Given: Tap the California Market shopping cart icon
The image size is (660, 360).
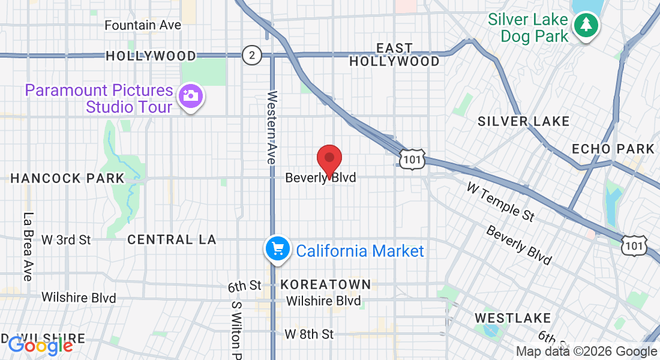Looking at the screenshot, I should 278,248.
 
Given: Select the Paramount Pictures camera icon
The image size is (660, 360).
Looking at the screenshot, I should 191,96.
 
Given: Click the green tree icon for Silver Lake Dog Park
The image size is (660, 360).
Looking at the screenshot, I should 585,26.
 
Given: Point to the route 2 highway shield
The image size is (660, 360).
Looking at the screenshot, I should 252,56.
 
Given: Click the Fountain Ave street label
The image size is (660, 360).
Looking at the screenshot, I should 143,25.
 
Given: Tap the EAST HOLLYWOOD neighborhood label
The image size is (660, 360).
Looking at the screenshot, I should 394,55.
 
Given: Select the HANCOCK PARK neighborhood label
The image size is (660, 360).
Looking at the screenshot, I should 67,178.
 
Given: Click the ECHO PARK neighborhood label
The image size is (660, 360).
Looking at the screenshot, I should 613,149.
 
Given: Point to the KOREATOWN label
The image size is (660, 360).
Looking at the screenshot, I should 326,284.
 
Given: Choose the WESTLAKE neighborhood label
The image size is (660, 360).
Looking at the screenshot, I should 512,317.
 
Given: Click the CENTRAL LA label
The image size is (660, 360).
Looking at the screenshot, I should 172,240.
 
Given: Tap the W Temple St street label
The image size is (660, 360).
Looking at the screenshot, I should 500,202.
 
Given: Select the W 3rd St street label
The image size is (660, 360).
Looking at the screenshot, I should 66,240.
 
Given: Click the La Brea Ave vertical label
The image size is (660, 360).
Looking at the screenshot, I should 28,247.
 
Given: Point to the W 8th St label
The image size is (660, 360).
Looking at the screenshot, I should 309,334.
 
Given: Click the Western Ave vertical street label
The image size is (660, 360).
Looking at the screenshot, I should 271,128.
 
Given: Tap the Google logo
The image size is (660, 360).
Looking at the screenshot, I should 40,345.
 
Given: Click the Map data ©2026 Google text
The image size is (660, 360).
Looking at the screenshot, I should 587,352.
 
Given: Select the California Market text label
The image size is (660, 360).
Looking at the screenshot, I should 360,251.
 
